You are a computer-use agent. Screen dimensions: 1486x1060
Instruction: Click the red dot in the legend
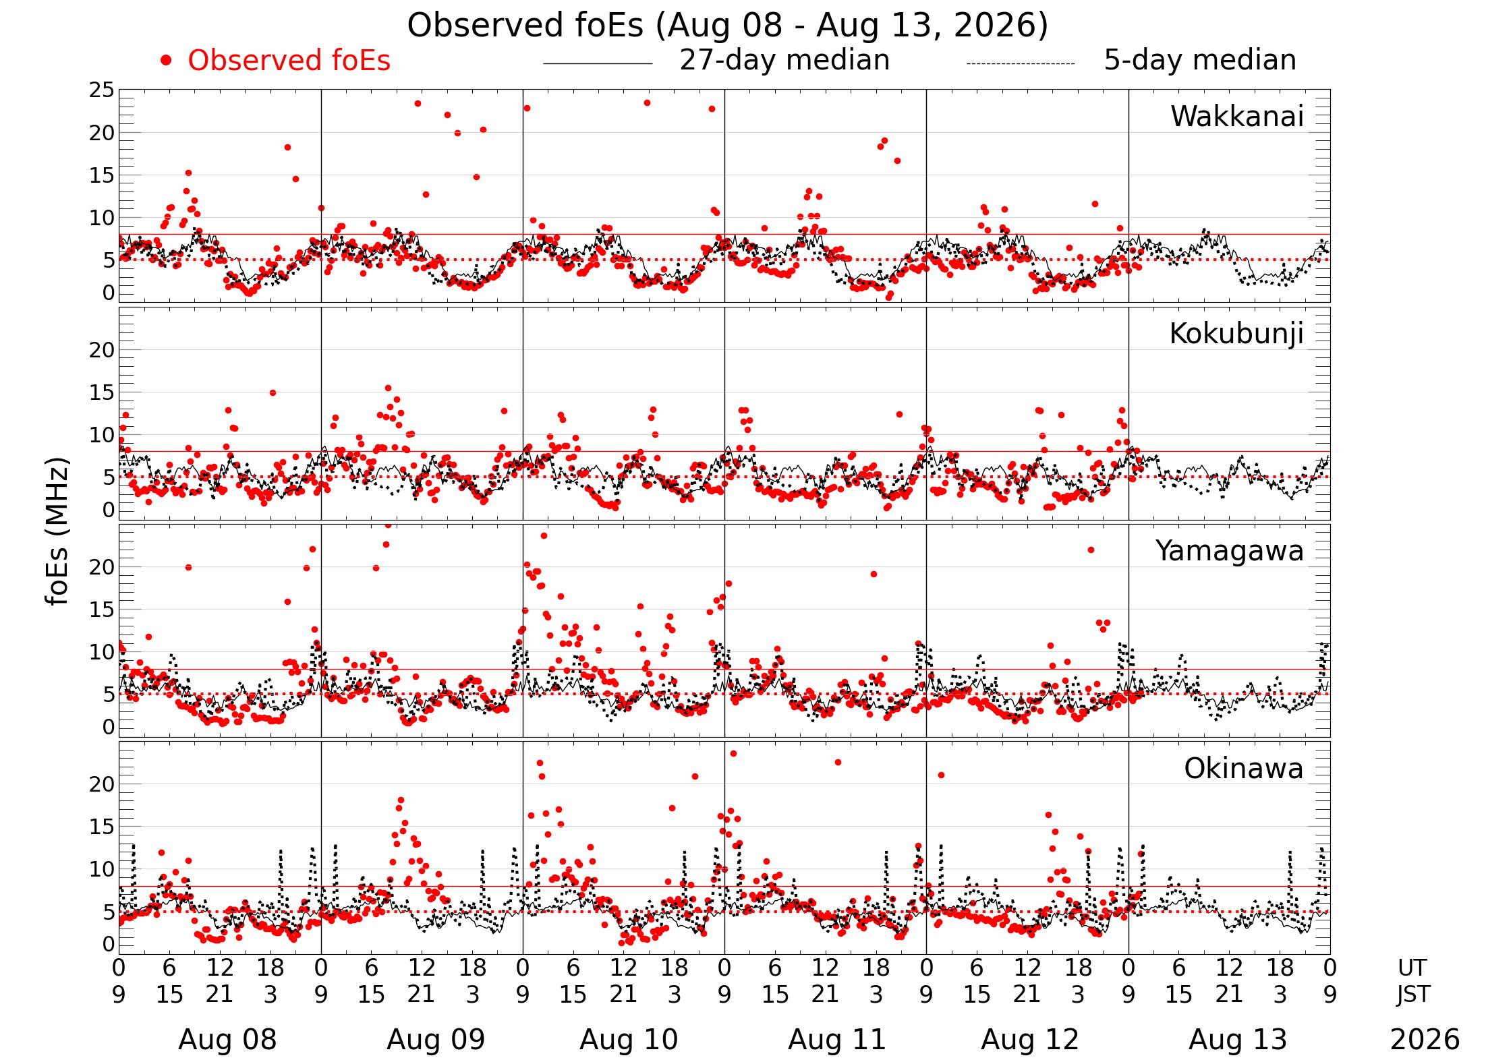(x=166, y=61)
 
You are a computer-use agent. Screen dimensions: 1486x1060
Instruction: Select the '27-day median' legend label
(x=784, y=60)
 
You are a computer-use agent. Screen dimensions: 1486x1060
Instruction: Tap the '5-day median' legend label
(x=1200, y=60)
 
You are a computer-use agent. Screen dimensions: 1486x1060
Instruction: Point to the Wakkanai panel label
(x=1237, y=117)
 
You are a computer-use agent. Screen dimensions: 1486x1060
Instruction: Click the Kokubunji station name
(x=1236, y=334)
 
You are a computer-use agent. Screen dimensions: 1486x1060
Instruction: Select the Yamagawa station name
(x=1230, y=551)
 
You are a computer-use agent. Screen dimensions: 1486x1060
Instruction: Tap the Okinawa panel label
(x=1244, y=769)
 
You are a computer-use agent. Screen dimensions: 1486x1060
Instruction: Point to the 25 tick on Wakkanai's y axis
(x=102, y=90)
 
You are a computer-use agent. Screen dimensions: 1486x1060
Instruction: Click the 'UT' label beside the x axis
(x=1412, y=968)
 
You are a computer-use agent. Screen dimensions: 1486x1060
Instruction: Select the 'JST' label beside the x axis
(x=1412, y=995)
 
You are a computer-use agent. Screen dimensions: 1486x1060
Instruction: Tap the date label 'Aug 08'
(x=227, y=1040)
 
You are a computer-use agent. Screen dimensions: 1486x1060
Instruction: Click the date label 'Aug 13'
(x=1238, y=1040)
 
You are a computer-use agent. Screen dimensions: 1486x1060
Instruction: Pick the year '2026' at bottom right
(x=1425, y=1040)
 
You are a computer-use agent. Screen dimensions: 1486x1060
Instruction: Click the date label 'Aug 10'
(x=629, y=1040)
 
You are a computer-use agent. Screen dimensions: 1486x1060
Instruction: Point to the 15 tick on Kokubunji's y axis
(x=102, y=392)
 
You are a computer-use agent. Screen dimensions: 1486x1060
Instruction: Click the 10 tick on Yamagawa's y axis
(x=102, y=652)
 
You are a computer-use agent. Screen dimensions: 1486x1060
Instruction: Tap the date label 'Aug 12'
(x=1030, y=1040)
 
